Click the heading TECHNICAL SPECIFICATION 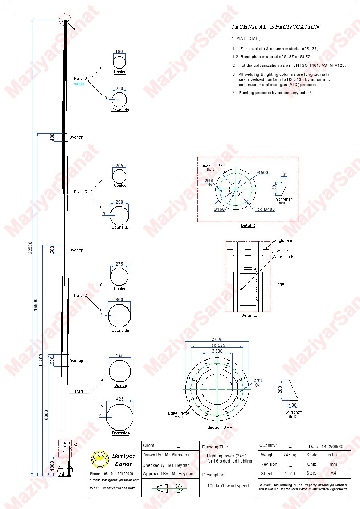[275, 27]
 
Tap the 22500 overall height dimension [30, 247]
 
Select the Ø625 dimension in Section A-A [217, 339]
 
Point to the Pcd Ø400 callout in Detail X [265, 209]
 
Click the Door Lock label [283, 257]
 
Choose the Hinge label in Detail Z [279, 284]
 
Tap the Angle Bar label [283, 241]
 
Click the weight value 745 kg [290, 455]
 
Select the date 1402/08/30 [332, 446]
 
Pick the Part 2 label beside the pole [81, 295]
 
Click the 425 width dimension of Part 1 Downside [120, 399]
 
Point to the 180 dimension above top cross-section [119, 52]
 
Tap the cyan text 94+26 [79, 84]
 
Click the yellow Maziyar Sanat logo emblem [99, 459]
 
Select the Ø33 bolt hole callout [258, 381]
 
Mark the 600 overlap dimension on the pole [52, 360]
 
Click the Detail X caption [249, 225]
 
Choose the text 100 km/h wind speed [228, 485]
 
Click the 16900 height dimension [36, 304]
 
